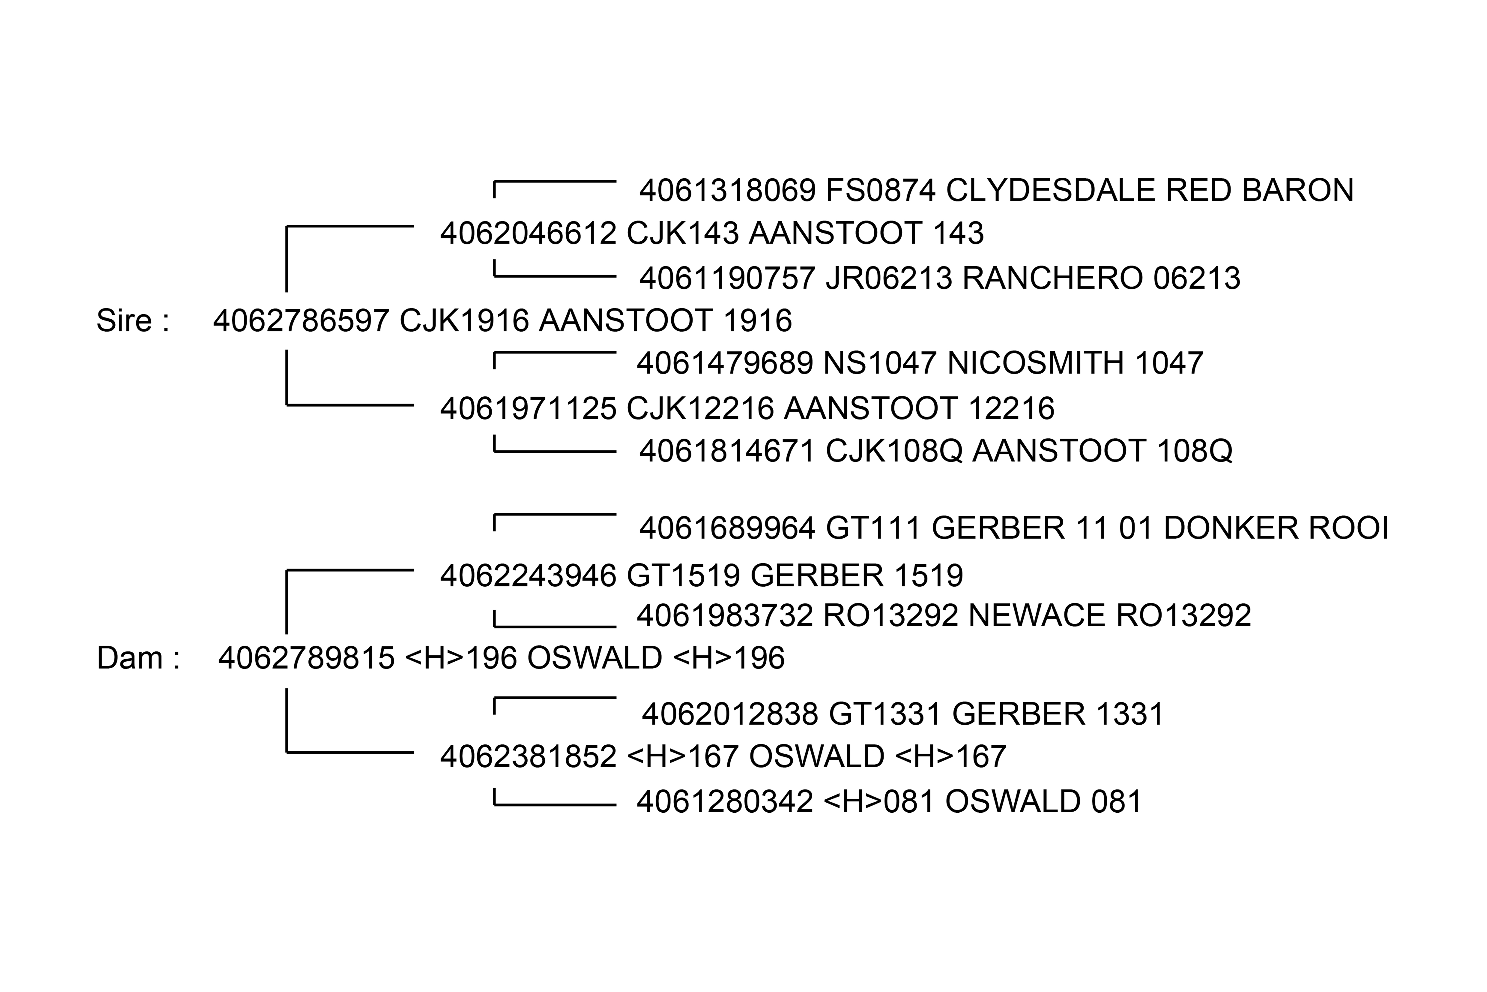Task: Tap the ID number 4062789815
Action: pos(306,658)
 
